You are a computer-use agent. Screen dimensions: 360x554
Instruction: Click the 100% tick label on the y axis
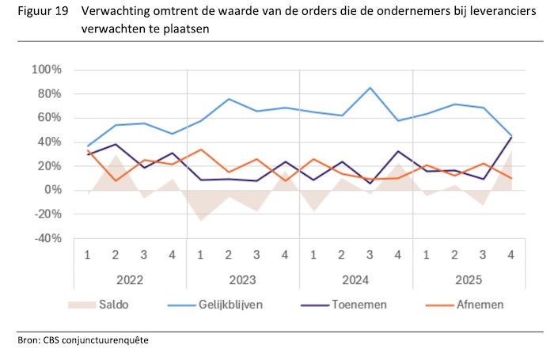click(45, 70)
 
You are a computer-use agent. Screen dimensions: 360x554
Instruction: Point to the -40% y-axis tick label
click(45, 238)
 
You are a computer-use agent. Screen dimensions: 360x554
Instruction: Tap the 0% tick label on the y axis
click(51, 190)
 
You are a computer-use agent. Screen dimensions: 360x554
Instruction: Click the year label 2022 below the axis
click(131, 279)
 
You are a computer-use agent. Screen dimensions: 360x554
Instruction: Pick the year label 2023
click(243, 279)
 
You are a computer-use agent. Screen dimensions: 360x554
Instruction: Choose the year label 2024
click(355, 279)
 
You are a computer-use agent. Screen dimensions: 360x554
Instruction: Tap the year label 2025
click(468, 279)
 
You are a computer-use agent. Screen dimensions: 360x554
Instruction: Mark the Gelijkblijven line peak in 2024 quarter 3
click(370, 88)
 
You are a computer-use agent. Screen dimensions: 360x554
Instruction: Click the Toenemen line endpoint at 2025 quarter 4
click(510, 137)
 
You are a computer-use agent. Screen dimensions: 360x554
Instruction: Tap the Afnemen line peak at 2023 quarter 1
click(201, 150)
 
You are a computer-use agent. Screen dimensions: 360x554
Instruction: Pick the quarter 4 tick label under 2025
click(510, 256)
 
